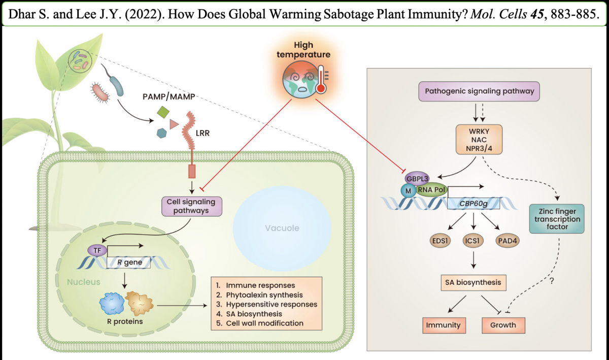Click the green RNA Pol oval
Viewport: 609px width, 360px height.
tap(432, 189)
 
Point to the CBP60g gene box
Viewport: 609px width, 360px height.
tap(473, 204)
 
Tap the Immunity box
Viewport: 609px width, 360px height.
tap(443, 325)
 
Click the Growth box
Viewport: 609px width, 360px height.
tap(503, 325)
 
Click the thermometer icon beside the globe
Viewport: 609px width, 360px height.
tap(320, 81)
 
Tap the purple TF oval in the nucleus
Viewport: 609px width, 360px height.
tap(95, 250)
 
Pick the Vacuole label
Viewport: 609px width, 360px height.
tap(282, 228)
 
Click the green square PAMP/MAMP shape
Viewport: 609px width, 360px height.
tap(163, 111)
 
